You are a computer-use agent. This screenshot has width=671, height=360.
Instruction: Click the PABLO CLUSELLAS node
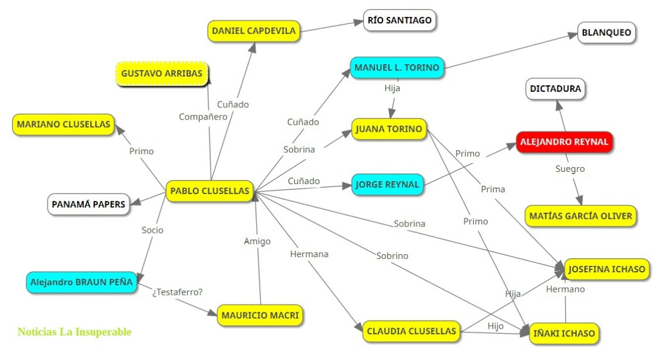[x=210, y=191]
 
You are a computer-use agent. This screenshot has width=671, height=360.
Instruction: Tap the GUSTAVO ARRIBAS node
[x=161, y=74]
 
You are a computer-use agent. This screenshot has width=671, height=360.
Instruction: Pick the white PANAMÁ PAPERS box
[x=88, y=204]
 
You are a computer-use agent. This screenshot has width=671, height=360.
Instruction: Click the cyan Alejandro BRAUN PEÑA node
[x=82, y=282]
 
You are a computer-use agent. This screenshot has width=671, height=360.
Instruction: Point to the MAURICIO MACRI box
[x=260, y=315]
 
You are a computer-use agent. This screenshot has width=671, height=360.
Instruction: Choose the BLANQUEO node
[x=606, y=33]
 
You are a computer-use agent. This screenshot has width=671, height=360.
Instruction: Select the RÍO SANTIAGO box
[x=400, y=21]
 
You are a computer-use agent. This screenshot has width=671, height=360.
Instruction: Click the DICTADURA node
[x=556, y=89]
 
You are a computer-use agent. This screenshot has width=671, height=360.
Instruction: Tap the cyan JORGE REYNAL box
[x=387, y=185]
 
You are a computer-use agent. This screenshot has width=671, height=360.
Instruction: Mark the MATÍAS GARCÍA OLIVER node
[x=580, y=216]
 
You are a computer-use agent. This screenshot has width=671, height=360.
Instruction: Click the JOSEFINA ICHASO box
[x=606, y=269]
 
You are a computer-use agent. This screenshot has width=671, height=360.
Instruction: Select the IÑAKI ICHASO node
[x=563, y=334]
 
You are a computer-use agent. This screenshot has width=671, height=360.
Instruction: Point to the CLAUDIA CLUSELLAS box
[x=411, y=331]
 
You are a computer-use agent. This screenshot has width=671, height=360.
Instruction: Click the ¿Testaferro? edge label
[x=177, y=291]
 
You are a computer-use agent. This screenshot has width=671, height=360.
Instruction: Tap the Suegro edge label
[x=570, y=169]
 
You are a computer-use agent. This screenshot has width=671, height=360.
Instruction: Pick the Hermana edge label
[x=309, y=254]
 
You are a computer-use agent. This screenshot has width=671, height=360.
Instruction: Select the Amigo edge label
[x=257, y=241]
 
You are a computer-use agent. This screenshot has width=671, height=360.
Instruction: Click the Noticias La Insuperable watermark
[x=75, y=332]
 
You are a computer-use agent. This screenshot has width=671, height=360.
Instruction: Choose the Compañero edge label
[x=203, y=116]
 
